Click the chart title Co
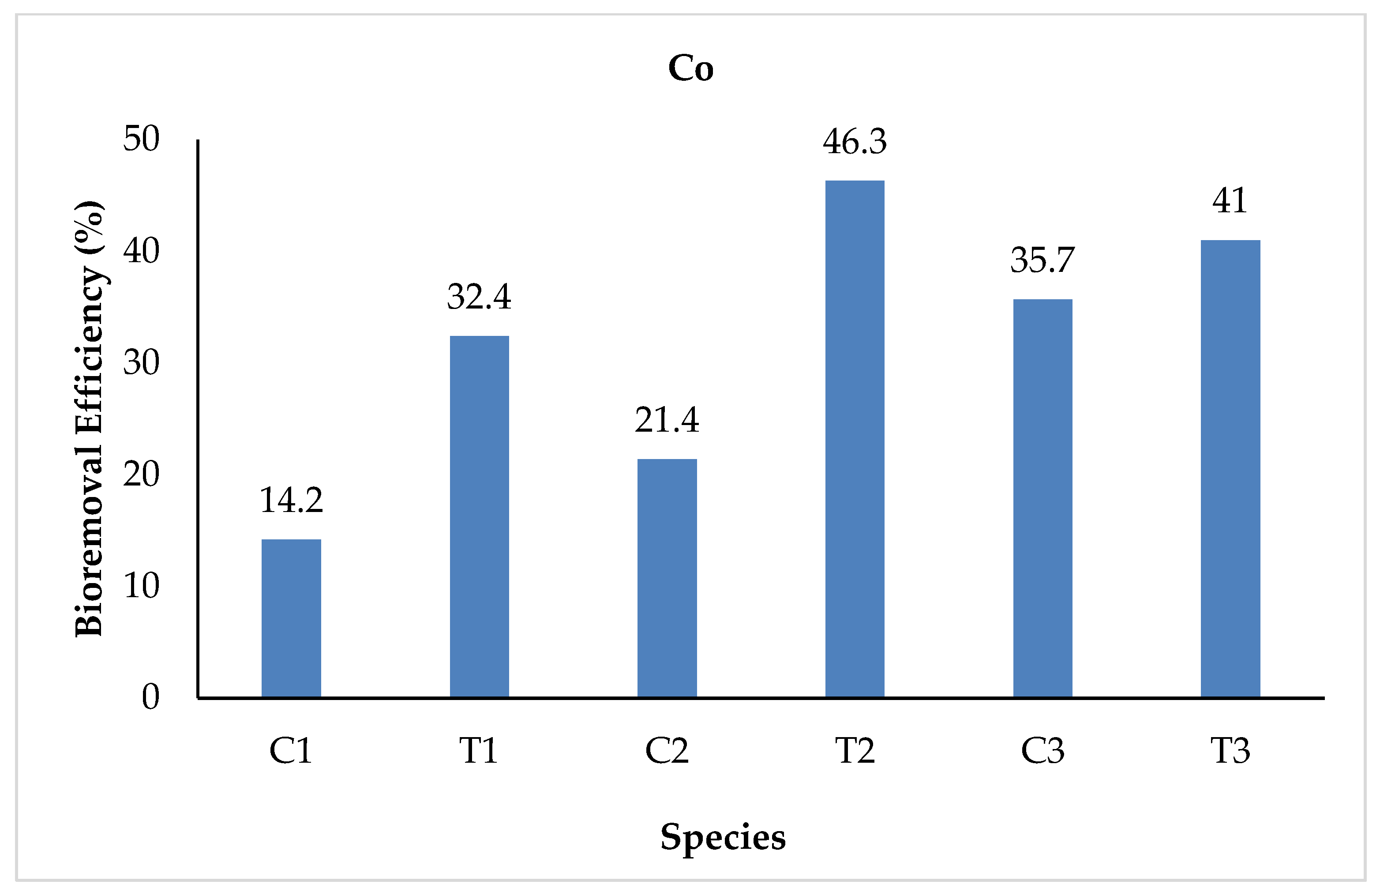point(690,69)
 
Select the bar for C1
point(291,618)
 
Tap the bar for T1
point(479,516)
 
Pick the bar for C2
point(667,578)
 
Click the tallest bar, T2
point(855,438)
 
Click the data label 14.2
point(291,500)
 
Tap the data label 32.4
point(479,297)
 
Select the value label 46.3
point(855,142)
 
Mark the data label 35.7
point(1042,260)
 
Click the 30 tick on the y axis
point(141,363)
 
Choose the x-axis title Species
point(723,837)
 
